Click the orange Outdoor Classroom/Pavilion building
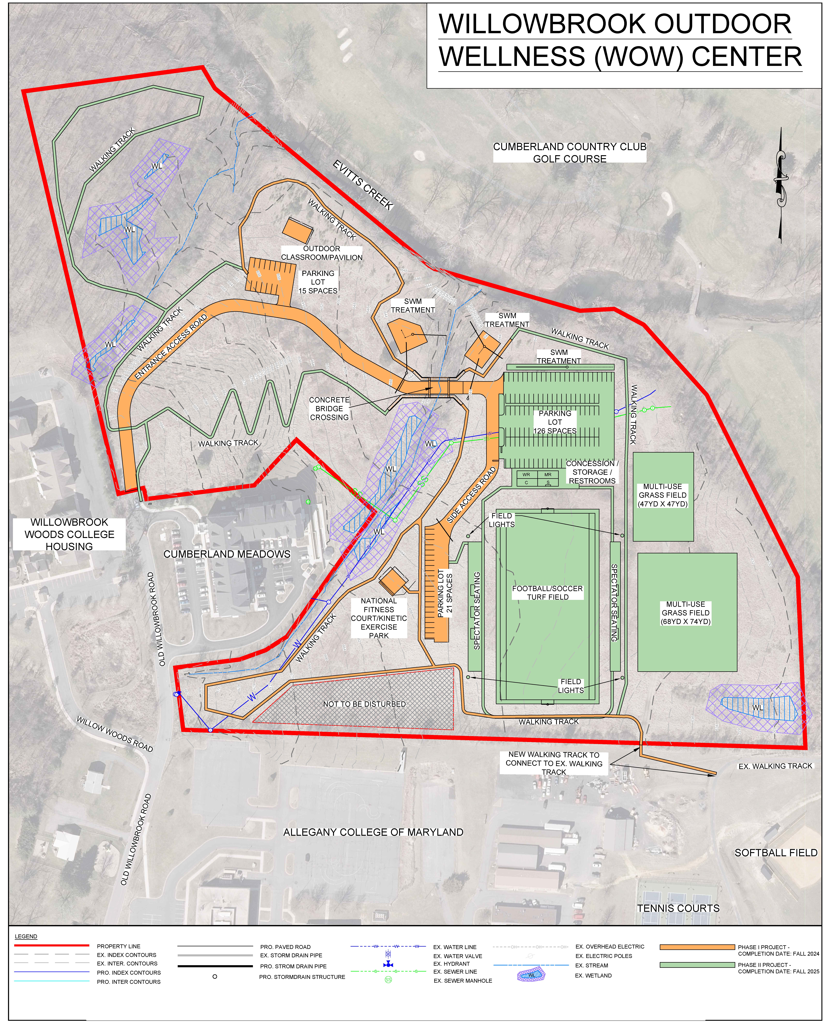pos(298,231)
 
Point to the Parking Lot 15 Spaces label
pos(318,282)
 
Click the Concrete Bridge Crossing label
pos(329,409)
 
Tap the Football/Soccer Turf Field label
pos(547,593)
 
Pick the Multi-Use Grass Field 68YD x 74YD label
pos(686,613)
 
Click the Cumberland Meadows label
pos(227,554)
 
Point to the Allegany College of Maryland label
pos(374,832)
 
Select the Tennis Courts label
pos(678,908)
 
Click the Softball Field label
pos(776,853)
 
